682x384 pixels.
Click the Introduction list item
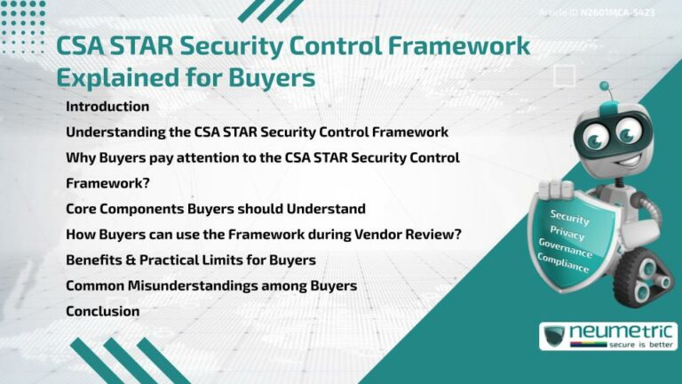point(107,107)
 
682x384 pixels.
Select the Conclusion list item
point(102,312)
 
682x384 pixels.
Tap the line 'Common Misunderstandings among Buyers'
point(211,286)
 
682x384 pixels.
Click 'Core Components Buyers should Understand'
point(216,209)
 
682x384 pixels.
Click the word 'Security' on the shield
point(569,216)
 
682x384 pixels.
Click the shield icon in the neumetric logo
point(556,336)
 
